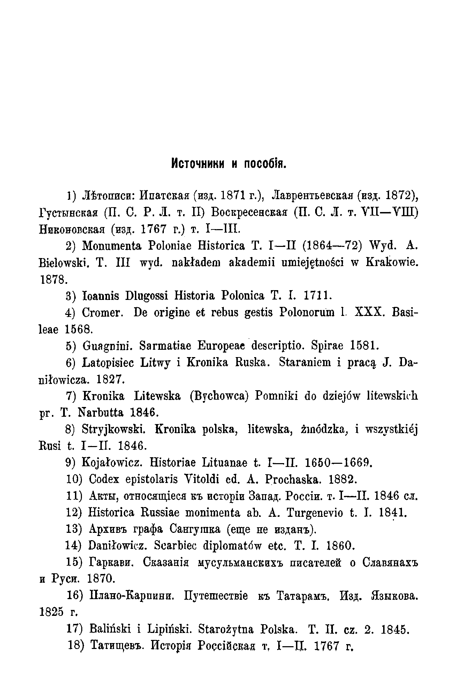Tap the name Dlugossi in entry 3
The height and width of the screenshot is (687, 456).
[x=144, y=296]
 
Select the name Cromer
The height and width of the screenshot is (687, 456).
[x=102, y=312]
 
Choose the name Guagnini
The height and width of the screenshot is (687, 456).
[x=106, y=346]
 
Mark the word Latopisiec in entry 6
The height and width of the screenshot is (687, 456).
[x=109, y=362]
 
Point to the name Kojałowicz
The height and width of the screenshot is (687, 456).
[x=113, y=463]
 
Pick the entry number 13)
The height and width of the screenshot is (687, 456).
[x=74, y=529]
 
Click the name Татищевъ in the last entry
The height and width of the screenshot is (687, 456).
[x=117, y=646]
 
